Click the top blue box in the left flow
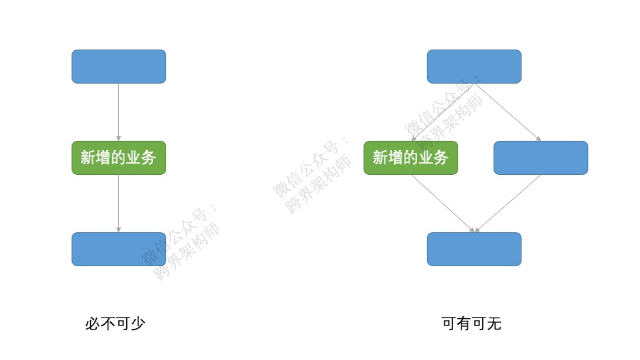coord(119,67)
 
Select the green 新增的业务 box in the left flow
coord(119,158)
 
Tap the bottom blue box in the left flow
coord(119,249)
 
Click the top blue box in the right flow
coord(474,67)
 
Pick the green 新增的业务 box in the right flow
coord(411,158)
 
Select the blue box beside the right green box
coord(540,158)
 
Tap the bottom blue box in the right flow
coord(474,249)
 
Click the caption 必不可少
coord(115,324)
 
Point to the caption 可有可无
coord(472,324)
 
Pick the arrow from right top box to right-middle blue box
coord(508,112)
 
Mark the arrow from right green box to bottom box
coord(443,203)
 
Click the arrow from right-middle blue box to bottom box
coord(508,203)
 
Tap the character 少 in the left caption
coord(138,324)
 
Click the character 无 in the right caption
coord(494,324)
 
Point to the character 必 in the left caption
coord(92,324)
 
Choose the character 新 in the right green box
coord(380,158)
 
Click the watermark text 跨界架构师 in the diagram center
coord(319,185)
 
